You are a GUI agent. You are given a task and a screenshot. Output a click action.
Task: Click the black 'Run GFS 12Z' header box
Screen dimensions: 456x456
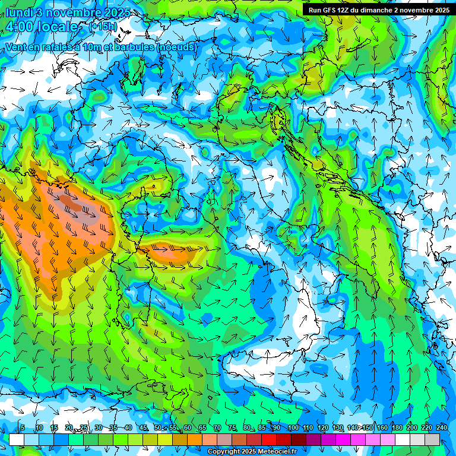(x=379, y=10)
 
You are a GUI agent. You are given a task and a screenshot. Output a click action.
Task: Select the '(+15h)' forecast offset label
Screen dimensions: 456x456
(x=103, y=27)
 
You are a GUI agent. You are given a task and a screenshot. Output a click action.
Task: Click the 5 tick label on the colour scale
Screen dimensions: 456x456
(x=22, y=428)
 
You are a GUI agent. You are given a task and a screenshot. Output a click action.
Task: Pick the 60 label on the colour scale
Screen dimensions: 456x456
(x=187, y=428)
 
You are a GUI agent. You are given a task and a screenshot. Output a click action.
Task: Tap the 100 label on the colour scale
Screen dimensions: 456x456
(x=293, y=428)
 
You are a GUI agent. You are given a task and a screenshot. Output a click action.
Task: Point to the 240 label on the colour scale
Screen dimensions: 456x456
(x=441, y=428)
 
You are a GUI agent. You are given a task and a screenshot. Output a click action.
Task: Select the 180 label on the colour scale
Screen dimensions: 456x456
(x=397, y=428)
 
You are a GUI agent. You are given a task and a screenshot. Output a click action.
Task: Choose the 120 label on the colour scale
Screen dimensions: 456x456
(x=322, y=428)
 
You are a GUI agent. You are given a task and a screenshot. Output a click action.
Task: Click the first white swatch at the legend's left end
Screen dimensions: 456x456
(x=17, y=440)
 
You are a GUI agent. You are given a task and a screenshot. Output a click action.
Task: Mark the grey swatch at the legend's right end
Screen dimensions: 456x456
(x=432, y=440)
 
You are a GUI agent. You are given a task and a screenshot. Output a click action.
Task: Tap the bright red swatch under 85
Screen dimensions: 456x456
(x=269, y=440)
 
